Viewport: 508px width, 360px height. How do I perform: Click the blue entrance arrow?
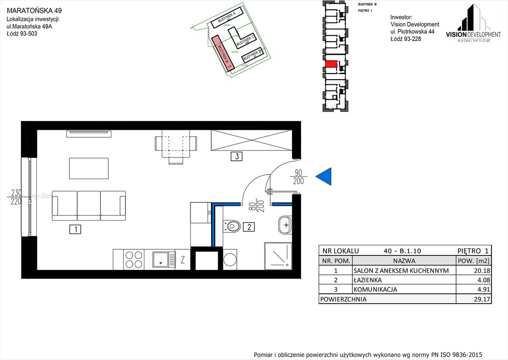click(325, 176)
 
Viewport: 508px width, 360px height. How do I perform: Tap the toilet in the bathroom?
click(232, 227)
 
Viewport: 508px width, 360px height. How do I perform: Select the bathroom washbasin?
click(284, 225)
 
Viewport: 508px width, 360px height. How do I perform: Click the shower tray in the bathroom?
click(278, 256)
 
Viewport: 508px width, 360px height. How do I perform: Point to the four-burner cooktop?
click(134, 260)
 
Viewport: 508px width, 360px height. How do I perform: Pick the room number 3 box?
click(237, 157)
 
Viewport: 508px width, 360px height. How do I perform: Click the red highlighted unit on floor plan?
click(331, 64)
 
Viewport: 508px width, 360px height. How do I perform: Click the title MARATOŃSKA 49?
click(34, 10)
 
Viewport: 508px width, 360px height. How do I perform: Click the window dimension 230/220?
click(16, 197)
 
